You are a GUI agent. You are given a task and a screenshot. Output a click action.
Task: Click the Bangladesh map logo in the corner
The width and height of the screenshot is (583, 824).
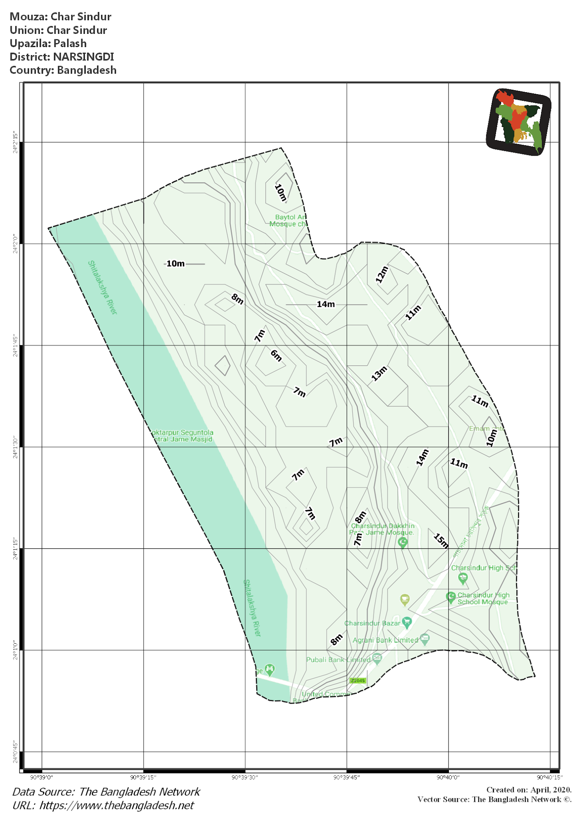click(519, 122)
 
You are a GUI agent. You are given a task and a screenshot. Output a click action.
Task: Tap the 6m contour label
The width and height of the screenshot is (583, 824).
click(276, 355)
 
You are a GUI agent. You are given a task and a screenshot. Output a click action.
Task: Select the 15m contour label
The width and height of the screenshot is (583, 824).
click(441, 541)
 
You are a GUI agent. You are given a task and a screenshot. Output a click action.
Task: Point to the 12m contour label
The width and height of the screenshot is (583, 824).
click(382, 274)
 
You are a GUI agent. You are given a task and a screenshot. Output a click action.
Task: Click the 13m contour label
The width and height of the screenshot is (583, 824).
click(379, 373)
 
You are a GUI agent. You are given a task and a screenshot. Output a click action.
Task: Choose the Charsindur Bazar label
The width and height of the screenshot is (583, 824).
click(372, 623)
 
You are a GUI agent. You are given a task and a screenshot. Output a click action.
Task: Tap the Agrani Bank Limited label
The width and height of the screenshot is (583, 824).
click(385, 640)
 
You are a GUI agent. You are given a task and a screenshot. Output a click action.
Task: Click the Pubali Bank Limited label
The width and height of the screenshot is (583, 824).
click(338, 660)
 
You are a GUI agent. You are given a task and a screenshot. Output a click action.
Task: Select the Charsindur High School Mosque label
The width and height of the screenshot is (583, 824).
click(483, 599)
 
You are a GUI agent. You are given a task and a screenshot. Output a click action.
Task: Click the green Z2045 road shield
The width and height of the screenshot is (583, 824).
click(358, 681)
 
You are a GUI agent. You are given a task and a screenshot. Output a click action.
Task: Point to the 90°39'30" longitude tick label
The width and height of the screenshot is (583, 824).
click(245, 777)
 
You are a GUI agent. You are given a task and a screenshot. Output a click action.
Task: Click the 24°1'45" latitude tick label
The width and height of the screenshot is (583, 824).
click(15, 345)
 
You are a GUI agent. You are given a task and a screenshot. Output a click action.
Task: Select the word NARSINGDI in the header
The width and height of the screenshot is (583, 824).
click(83, 57)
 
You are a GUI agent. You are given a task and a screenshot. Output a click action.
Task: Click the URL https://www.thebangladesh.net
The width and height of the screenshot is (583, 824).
click(117, 805)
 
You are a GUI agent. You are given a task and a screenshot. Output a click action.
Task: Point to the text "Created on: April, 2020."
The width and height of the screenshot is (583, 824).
click(529, 790)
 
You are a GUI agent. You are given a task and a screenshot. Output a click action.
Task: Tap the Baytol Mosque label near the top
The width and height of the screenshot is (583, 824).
click(288, 220)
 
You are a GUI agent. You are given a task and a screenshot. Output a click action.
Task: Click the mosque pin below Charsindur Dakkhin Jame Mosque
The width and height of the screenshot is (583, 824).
click(403, 543)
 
